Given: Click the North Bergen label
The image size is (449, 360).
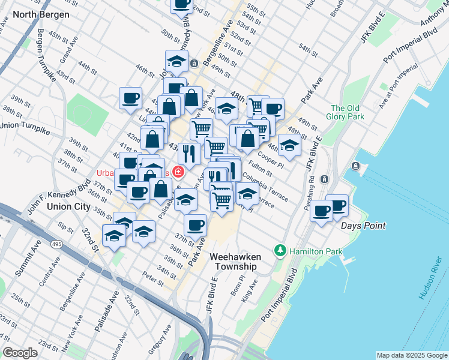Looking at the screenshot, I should [x=40, y=14].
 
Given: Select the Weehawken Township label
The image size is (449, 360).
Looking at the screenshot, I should [x=234, y=261].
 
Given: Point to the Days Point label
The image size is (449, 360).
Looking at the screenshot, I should [x=363, y=226].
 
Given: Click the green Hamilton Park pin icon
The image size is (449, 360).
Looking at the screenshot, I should [x=280, y=250].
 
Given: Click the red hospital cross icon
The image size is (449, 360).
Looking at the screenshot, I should [x=178, y=172].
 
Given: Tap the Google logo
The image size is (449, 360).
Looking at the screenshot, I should [x=20, y=353].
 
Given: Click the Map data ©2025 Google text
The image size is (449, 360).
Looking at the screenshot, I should [x=411, y=355].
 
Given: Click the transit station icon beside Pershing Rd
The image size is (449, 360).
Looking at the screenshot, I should [x=325, y=179].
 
